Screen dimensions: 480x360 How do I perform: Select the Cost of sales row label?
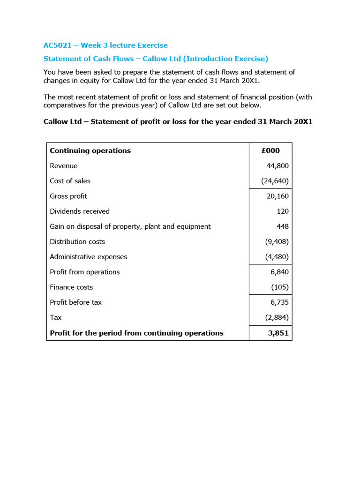coord(70,181)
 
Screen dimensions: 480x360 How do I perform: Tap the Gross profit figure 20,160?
coord(277,196)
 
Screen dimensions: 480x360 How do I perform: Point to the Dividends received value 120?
coord(283,211)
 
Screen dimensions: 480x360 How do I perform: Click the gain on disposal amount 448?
coord(283,226)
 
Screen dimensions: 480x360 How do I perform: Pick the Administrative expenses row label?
coord(89,257)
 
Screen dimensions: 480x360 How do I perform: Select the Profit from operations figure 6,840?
coord(279,272)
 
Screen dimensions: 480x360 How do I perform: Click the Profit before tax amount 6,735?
coord(279,302)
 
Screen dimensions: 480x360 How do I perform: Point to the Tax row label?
coord(56,317)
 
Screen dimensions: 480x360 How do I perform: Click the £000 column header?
coord(270,150)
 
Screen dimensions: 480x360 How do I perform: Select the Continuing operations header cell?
coord(90,150)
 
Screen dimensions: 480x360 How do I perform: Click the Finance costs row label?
coord(71,287)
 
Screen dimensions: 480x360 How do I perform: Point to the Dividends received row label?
coord(80,211)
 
